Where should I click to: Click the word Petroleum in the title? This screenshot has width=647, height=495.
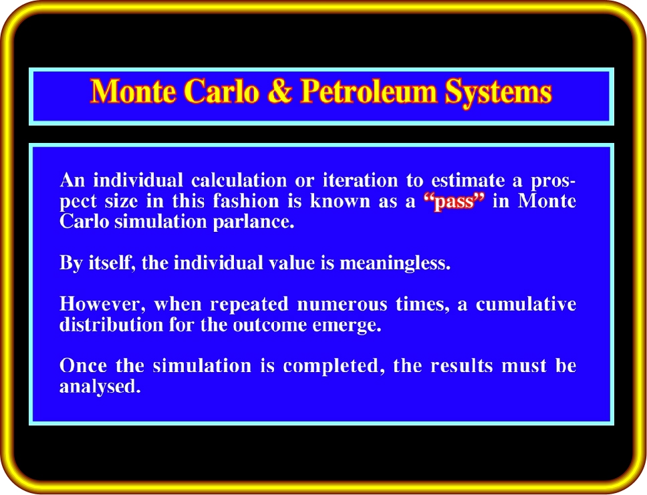368,92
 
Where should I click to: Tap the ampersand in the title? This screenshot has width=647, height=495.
279,91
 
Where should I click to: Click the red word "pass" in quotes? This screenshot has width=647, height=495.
454,202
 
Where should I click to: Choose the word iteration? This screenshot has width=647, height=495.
360,180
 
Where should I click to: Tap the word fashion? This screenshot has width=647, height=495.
246,201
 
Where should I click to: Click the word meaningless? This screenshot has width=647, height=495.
394,263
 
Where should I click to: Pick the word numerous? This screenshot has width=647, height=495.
342,305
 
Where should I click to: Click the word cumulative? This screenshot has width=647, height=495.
525,304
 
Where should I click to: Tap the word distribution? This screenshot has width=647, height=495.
112,325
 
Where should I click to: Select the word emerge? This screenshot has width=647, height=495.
347,325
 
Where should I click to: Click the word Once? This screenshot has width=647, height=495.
83,366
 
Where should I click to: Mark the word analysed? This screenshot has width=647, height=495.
100,387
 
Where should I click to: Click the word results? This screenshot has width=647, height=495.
462,366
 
